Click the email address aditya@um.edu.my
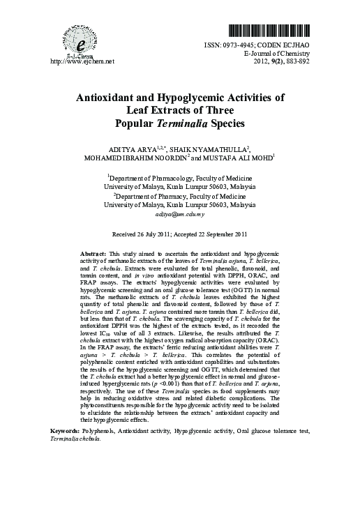(180, 218)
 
